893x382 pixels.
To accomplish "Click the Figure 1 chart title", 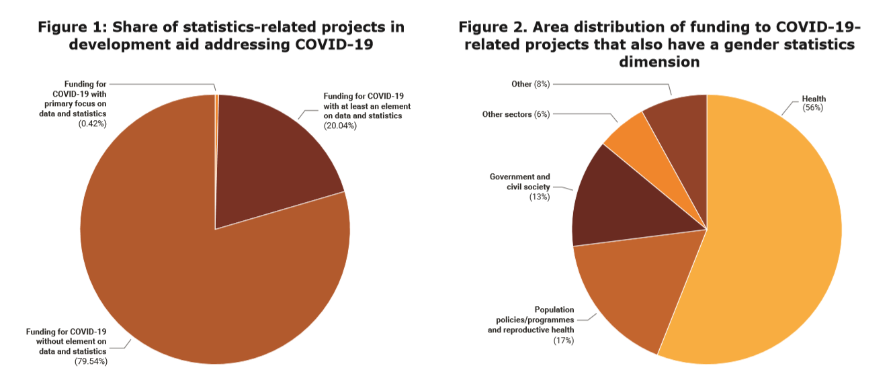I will pos(221,36).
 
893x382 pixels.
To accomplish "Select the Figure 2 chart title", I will pos(659,44).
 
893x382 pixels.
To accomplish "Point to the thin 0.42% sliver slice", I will pos(216,107).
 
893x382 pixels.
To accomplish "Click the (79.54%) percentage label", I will pos(91,362).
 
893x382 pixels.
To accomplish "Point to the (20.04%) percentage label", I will pos(340,126).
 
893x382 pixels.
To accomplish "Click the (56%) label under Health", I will pos(813,107).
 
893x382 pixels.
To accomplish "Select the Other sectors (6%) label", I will pos(516,114).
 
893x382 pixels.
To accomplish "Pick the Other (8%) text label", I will pos(530,84).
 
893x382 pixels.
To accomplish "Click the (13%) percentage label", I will pos(539,197).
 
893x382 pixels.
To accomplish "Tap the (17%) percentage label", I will pos(562,340).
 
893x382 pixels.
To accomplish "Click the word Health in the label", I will pos(814,99).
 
